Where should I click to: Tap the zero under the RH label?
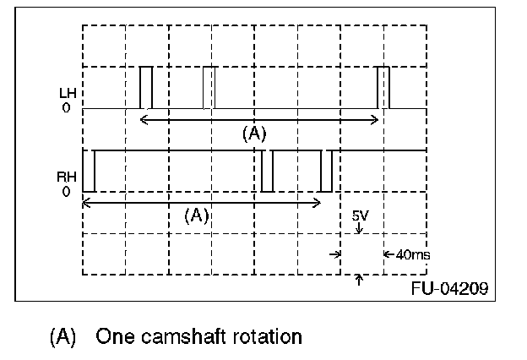coord(65,192)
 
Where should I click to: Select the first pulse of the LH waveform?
coord(146,87)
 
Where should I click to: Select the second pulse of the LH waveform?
coord(209,87)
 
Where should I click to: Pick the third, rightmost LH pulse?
coord(383,87)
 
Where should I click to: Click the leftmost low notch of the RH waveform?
coord(89,171)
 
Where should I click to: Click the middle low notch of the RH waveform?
coord(268,171)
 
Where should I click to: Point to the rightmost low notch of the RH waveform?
coord(326,171)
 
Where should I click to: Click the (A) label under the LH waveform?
coord(254,134)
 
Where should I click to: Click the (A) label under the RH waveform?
coord(196,215)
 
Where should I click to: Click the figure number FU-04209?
coord(449,287)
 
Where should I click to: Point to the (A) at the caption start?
coord(64,337)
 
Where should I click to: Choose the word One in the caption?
coord(111,337)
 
